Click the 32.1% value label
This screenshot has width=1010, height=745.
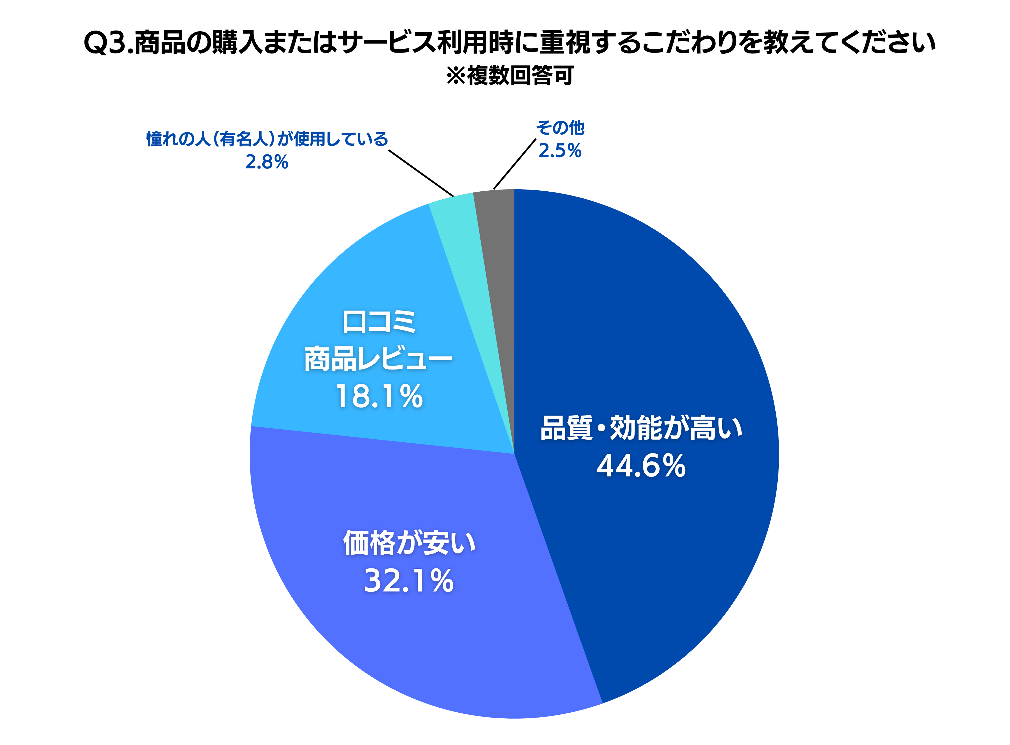coord(408,581)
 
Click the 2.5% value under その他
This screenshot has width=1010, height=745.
coord(560,151)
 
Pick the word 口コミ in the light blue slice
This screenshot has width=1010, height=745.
coord(379,322)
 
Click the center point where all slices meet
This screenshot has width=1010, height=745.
coord(515,454)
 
